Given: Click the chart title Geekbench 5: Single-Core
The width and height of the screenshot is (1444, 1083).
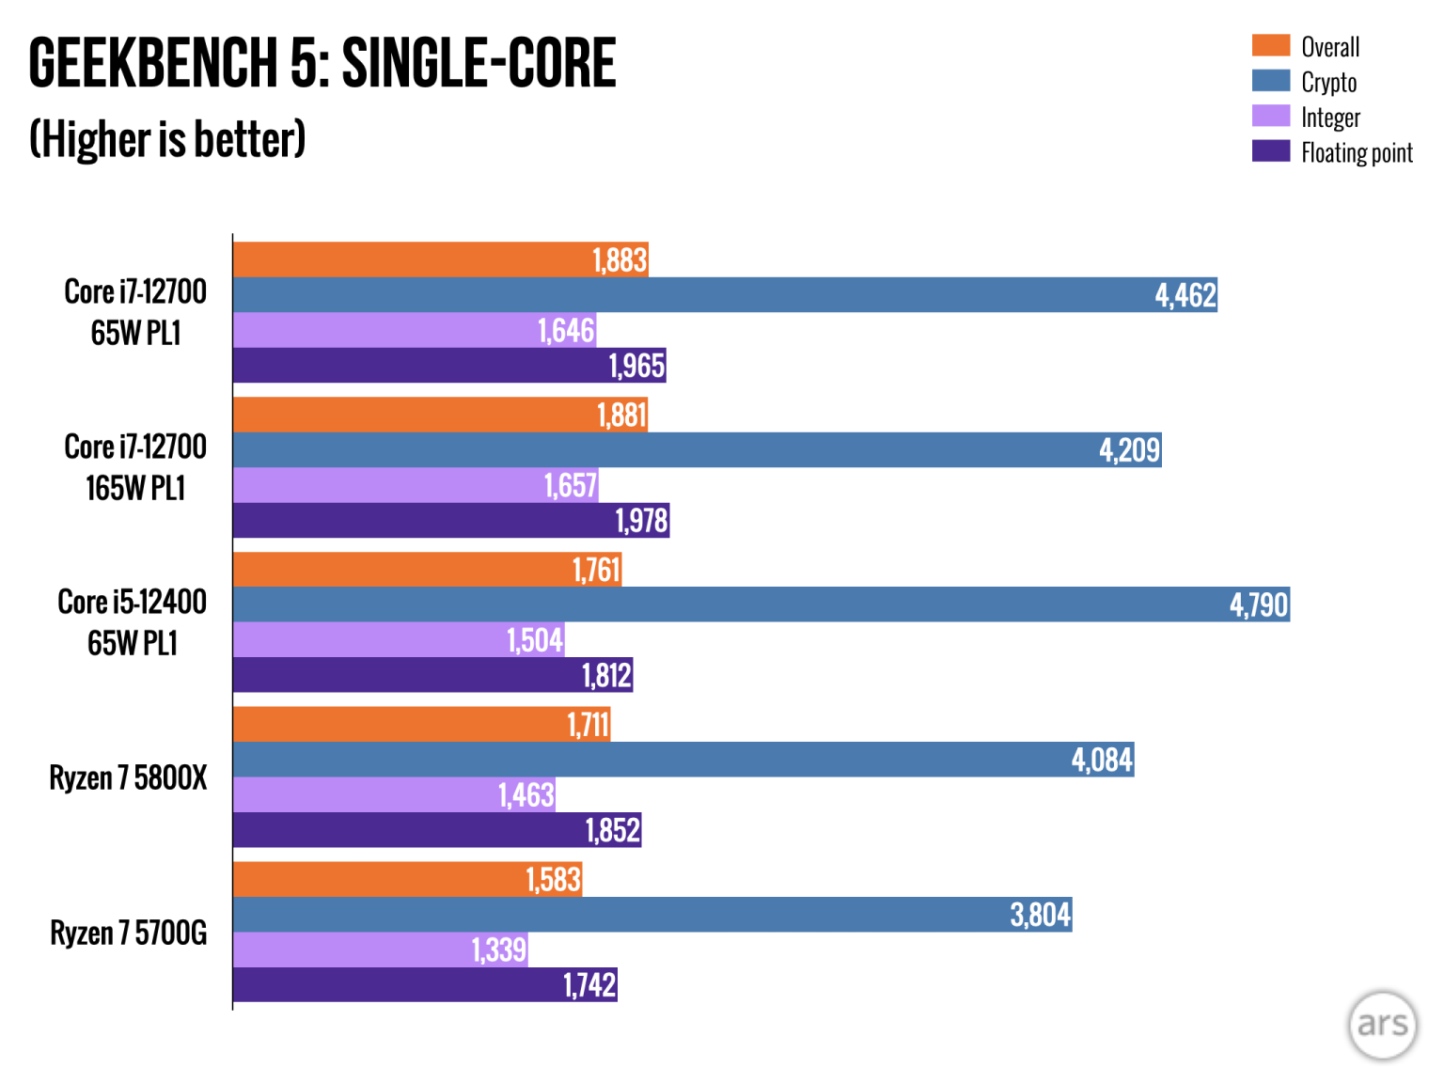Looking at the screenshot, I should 322,64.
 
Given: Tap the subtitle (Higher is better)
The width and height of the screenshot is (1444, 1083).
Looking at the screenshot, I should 167,139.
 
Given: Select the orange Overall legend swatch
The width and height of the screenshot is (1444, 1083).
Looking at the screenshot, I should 1270,45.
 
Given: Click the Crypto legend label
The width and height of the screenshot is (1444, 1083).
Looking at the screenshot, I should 1328,82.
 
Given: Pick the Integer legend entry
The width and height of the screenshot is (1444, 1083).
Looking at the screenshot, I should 1329,118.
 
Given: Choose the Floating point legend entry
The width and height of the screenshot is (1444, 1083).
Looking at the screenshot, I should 1356,152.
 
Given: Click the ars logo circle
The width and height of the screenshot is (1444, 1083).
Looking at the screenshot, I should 1382,1025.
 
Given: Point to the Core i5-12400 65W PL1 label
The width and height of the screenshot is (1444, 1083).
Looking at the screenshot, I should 133,622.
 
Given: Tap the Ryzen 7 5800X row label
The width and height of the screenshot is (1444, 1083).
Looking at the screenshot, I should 128,778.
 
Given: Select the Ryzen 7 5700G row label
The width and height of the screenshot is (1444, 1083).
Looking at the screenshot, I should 128,934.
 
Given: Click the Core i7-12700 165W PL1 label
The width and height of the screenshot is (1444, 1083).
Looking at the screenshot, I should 135,467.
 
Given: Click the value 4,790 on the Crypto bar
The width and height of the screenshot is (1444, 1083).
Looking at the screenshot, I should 1258,604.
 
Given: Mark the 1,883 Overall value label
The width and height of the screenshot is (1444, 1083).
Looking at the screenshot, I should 620,259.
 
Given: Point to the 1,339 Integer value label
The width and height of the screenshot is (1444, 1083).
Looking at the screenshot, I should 498,950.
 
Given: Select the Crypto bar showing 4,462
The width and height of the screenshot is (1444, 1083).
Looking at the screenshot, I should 724,295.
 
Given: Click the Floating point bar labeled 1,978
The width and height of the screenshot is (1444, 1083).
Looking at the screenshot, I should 450,521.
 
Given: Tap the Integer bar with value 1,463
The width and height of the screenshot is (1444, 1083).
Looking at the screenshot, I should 394,795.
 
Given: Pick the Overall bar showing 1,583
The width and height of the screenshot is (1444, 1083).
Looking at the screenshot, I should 407,880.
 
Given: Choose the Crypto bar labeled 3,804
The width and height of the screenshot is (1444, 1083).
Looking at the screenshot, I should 651,915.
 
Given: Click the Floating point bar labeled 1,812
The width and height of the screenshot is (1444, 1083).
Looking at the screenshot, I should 432,675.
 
